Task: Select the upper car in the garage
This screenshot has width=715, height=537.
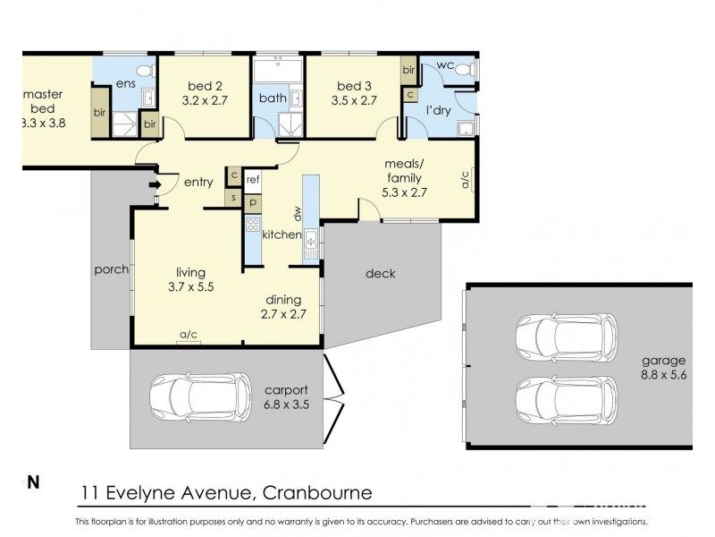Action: click(565, 337)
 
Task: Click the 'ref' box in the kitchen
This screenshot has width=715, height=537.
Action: click(252, 179)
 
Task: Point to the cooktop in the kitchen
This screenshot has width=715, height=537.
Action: click(253, 226)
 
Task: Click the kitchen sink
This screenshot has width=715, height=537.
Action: click(310, 239)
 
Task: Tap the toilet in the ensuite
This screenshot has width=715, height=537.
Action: click(142, 69)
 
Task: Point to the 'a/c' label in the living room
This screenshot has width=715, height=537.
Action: click(188, 336)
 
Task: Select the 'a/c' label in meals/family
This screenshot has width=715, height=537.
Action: click(466, 182)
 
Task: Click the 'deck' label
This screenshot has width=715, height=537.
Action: click(381, 273)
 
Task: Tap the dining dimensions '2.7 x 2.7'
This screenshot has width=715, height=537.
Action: click(282, 315)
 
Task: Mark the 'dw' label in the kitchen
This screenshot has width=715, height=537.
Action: click(297, 213)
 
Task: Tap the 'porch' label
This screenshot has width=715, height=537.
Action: click(110, 268)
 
